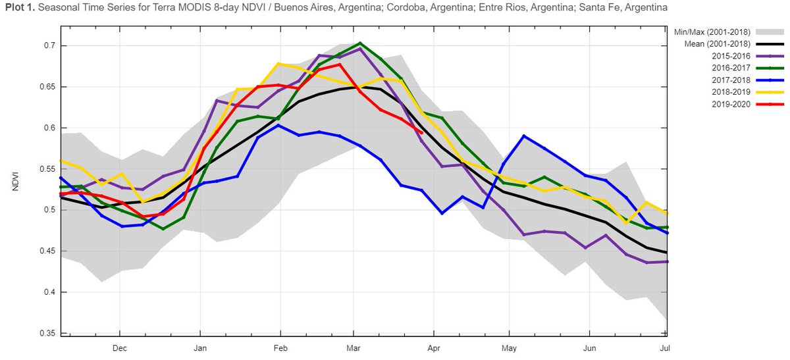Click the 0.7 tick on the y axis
coord(47,45)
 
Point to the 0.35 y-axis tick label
coord(45,333)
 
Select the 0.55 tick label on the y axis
coord(45,169)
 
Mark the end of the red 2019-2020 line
coord(421,132)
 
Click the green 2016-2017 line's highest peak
coord(360,43)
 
